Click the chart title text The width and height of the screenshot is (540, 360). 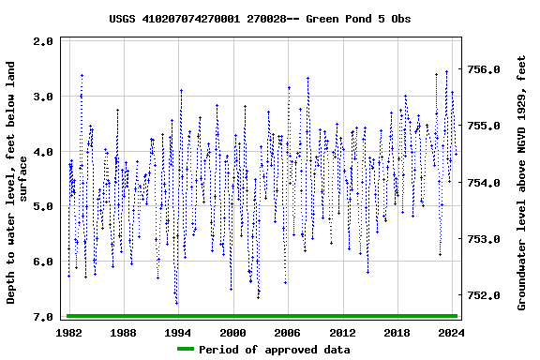260,19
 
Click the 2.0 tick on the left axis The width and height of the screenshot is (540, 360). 43,41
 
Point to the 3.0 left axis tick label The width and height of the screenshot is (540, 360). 43,97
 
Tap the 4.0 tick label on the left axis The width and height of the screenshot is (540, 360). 43,152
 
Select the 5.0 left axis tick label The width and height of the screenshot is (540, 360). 43,207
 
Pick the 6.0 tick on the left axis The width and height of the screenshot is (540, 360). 43,262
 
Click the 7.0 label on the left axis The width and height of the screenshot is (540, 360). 43,318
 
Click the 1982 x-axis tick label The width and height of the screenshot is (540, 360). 69,333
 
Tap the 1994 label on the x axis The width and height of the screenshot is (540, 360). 179,333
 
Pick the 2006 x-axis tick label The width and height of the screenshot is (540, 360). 288,333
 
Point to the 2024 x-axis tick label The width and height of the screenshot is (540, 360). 452,333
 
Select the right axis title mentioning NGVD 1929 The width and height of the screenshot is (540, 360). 523,182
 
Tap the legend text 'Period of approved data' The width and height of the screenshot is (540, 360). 275,350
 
